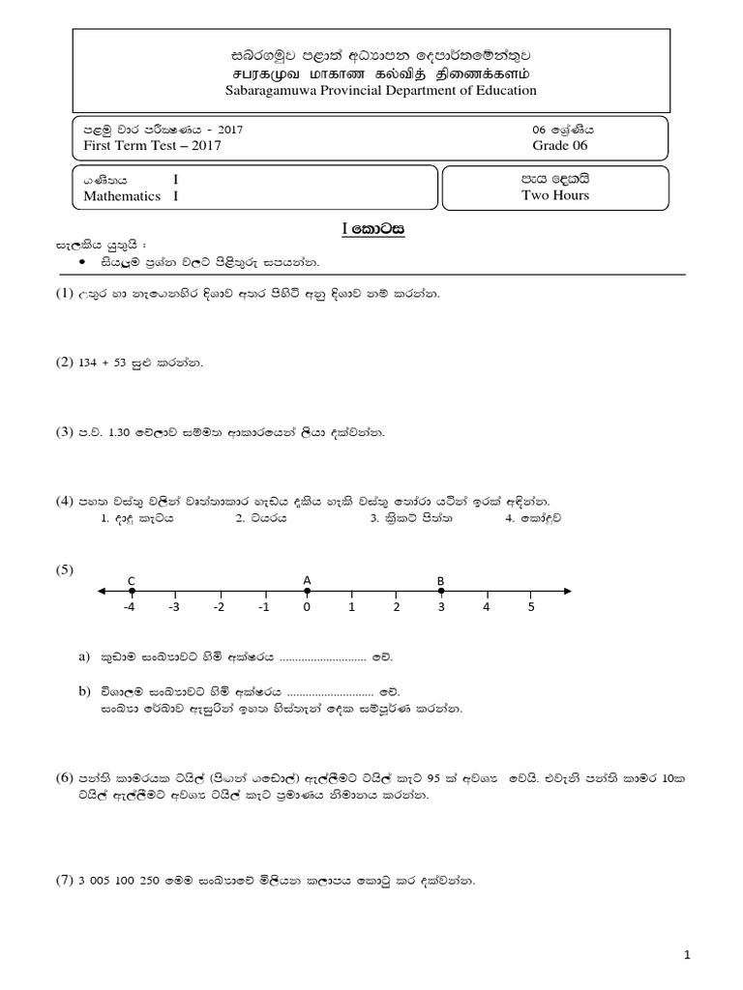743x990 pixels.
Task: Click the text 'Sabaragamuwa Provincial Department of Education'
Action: click(x=371, y=90)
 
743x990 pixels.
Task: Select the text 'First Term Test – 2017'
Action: click(x=153, y=146)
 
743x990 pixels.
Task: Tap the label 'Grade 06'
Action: click(x=559, y=146)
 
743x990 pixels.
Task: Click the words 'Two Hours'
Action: click(x=554, y=194)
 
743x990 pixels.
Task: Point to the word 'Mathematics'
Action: click(x=122, y=195)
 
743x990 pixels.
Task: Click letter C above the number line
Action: click(x=131, y=580)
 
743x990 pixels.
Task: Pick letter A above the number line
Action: click(x=307, y=580)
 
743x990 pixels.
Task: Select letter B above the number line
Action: click(x=440, y=580)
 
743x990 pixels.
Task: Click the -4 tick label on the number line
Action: click(x=129, y=608)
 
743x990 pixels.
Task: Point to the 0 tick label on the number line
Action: click(x=307, y=608)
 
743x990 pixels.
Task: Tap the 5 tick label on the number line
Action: click(x=530, y=608)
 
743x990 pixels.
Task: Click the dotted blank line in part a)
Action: click(x=321, y=657)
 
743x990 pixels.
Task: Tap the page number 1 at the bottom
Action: click(x=686, y=955)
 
